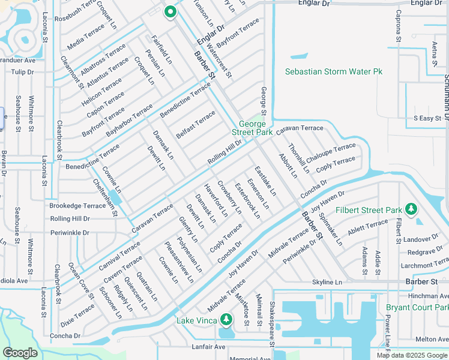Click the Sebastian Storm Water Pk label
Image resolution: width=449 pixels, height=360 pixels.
point(333,71)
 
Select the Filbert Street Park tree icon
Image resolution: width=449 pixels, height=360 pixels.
point(411,209)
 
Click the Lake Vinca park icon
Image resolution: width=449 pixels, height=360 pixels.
point(226,319)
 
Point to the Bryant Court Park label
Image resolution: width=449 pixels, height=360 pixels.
point(417,307)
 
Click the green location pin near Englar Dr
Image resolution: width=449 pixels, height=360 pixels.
point(170,11)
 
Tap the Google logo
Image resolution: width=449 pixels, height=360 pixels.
point(20,353)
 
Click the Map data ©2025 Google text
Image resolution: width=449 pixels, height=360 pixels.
point(412,355)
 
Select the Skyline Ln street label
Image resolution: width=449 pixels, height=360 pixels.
point(327,282)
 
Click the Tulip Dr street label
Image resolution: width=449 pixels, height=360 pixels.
point(22,72)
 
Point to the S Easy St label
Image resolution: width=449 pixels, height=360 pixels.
point(427,118)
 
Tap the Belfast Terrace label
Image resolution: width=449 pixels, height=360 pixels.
point(196,124)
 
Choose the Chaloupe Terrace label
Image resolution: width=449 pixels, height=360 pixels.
point(331,151)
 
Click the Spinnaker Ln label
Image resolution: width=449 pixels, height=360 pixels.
point(330,229)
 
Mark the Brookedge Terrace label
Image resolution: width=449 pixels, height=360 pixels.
point(77,205)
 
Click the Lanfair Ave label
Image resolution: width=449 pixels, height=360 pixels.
point(208,347)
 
